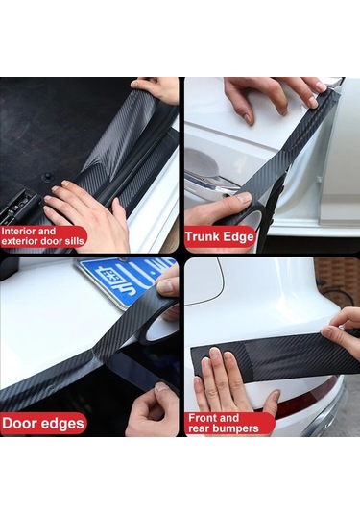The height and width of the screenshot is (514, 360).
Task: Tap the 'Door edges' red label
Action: click(x=43, y=422)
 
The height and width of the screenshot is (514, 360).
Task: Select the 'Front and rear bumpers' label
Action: click(x=227, y=424)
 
